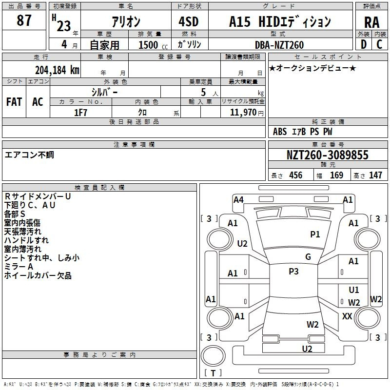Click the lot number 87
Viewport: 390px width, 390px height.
point(24,20)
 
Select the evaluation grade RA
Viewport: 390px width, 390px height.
point(371,22)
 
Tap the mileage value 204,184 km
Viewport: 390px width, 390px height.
point(57,70)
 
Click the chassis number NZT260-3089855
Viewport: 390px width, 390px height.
point(327,155)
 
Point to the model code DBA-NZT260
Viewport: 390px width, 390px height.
point(279,45)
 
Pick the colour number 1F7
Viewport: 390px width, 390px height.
point(80,113)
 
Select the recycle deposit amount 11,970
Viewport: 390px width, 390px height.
point(243,112)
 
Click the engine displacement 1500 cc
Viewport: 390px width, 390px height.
point(153,45)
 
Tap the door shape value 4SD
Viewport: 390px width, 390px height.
point(189,21)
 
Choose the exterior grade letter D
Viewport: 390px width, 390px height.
point(364,44)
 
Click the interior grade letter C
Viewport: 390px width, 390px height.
point(379,44)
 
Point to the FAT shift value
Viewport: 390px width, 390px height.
point(14,102)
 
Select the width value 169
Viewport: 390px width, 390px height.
point(336,175)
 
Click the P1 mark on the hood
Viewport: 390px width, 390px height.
point(315,234)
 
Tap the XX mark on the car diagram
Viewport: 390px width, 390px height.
point(347,316)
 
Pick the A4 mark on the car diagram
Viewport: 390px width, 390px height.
point(238,200)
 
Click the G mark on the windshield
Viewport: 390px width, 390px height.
point(308,256)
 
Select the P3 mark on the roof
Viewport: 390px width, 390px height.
point(293,271)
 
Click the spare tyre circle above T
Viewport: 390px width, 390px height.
point(213,356)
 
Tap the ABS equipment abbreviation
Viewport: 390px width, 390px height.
point(280,132)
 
